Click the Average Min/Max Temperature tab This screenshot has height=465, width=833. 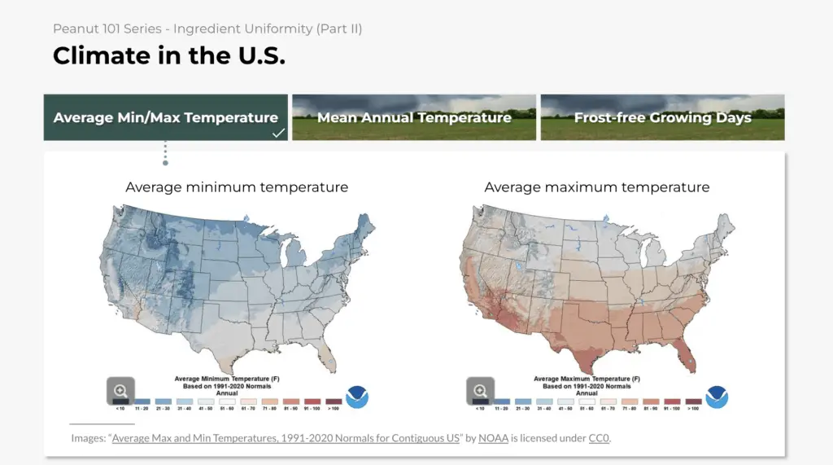coord(165,117)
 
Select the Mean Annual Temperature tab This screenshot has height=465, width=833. coord(414,117)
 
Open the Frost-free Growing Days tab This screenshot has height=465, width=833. coord(662,117)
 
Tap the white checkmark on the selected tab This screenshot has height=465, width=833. coord(278,133)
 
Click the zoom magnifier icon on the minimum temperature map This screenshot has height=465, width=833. coord(120,390)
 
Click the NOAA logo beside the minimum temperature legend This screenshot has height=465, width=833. coord(357,397)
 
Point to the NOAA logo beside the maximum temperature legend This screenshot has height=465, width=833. coord(717,397)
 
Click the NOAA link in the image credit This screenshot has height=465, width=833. coord(493,438)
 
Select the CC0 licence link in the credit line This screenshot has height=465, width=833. coord(598,438)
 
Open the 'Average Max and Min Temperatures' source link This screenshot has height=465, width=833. coord(286,438)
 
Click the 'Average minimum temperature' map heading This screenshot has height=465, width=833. coord(237,187)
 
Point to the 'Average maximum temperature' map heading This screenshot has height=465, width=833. coord(596,187)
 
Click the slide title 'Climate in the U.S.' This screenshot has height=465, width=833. coord(169,55)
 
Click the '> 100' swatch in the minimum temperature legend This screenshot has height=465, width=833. coord(334,401)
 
